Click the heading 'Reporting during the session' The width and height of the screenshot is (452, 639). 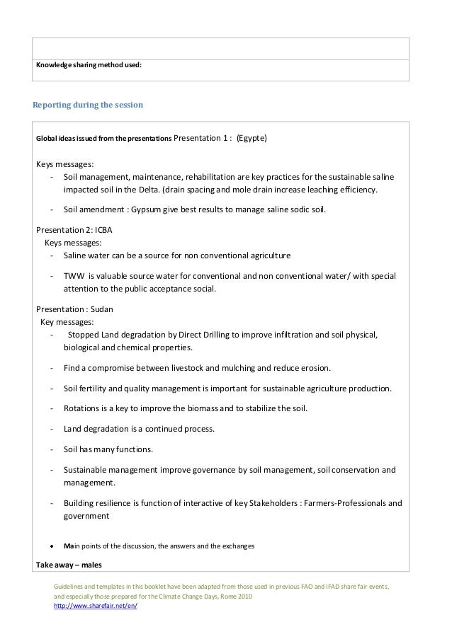click(88, 105)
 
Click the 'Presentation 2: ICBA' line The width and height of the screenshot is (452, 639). click(74, 230)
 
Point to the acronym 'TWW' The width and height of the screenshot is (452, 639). click(73, 275)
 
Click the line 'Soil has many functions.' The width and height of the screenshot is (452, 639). click(108, 449)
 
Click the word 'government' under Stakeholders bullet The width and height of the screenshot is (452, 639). click(86, 517)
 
